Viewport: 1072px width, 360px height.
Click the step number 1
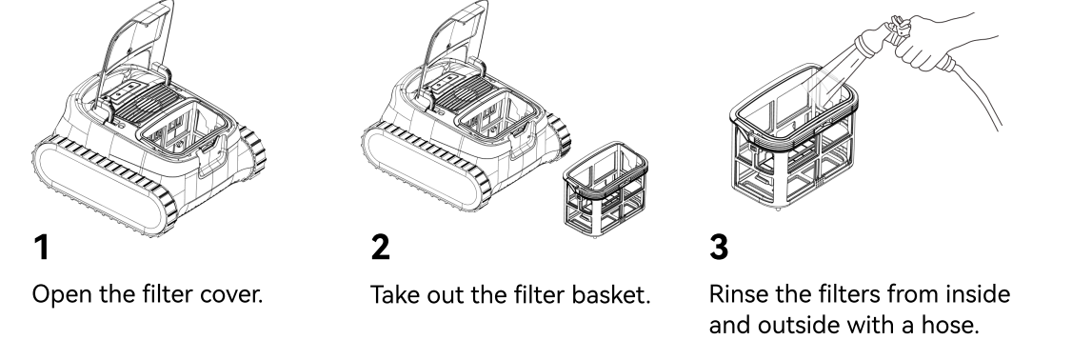pos(42,247)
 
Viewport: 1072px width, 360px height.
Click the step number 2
pos(380,247)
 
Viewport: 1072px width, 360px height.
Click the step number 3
pos(719,247)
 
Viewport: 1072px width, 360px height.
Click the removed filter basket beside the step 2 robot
pos(605,189)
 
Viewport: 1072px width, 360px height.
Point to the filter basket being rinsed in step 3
pos(793,136)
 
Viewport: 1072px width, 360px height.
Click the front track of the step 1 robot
pos(103,184)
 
